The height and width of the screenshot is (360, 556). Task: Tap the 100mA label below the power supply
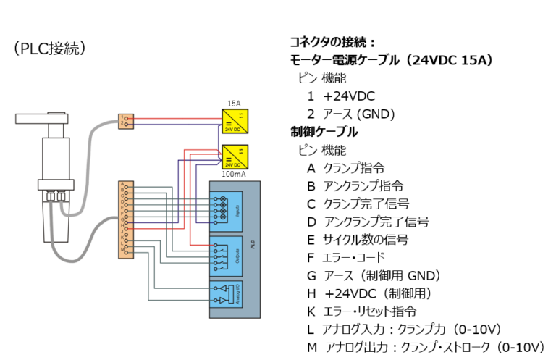(233, 175)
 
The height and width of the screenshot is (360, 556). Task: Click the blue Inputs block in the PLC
(225, 211)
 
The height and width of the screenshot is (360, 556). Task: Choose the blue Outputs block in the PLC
(225, 255)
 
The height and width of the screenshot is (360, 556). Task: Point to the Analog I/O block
(225, 295)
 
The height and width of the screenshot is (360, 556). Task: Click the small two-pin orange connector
(126, 121)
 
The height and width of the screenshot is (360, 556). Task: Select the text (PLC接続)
(50, 49)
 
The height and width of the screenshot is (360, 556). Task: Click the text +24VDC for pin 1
(349, 96)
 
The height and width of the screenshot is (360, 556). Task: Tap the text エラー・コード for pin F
(353, 257)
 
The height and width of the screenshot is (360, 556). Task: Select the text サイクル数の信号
(366, 239)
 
